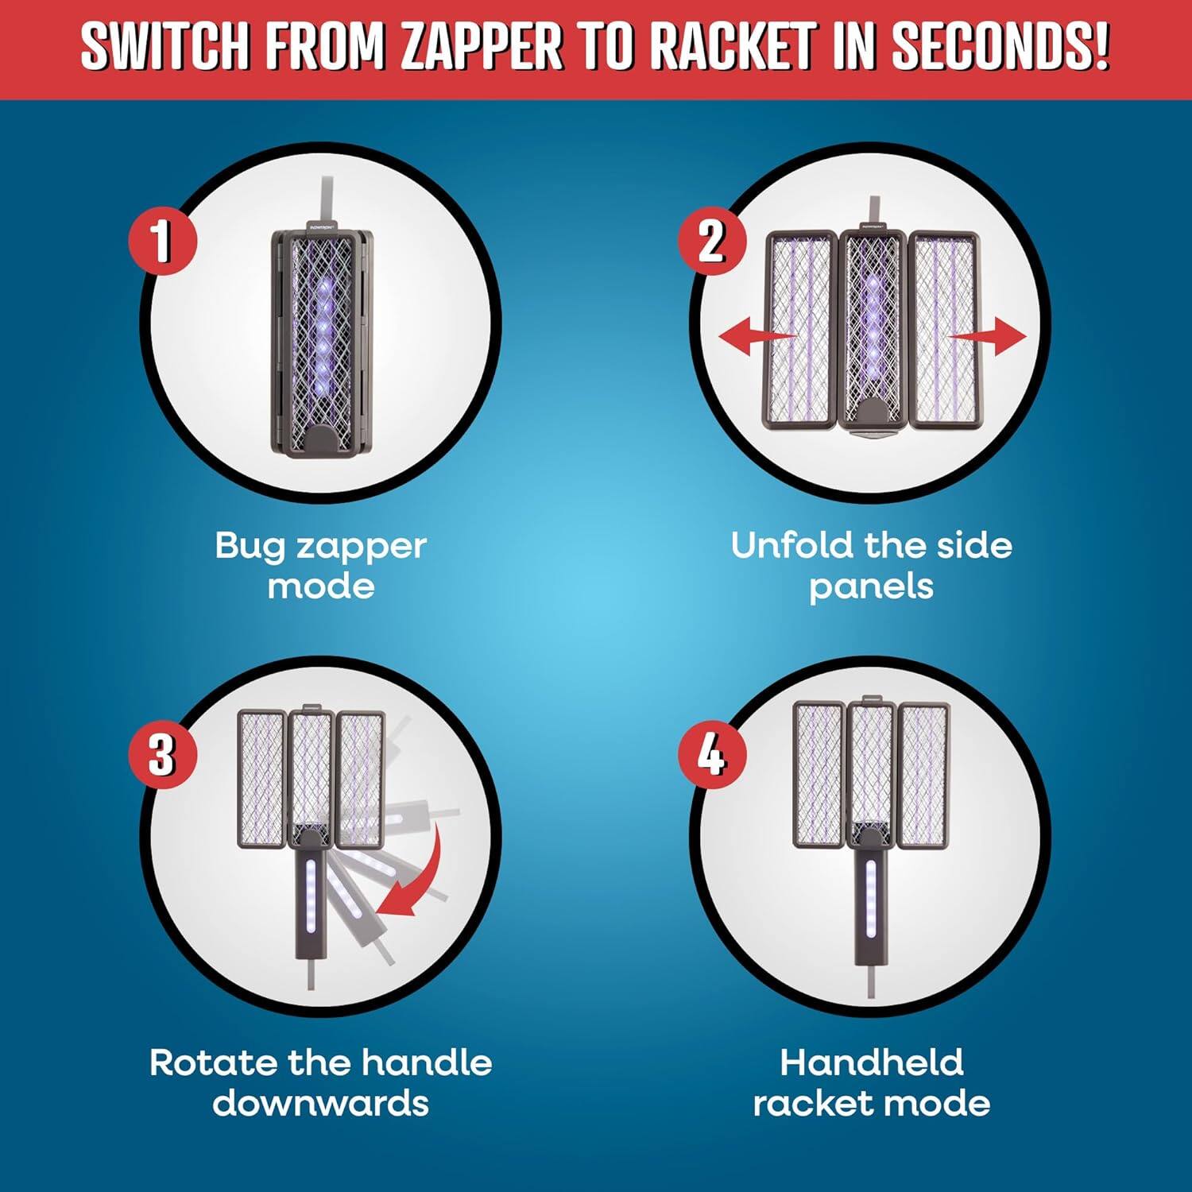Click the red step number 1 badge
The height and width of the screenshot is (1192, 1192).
(x=162, y=240)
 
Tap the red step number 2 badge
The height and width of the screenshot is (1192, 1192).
(x=711, y=240)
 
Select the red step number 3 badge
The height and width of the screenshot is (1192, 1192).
(x=162, y=754)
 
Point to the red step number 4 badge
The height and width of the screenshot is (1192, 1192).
(x=711, y=754)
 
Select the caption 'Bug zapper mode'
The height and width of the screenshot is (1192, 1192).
(x=321, y=566)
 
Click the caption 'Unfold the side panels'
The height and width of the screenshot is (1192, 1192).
(x=871, y=566)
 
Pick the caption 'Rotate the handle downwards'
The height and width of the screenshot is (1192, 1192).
(x=321, y=1082)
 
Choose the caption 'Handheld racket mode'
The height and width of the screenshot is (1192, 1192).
(x=871, y=1082)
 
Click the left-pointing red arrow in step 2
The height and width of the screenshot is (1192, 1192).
(x=755, y=337)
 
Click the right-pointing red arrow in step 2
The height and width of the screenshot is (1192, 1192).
(x=989, y=337)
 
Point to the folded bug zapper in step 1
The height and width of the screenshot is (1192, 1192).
(x=322, y=342)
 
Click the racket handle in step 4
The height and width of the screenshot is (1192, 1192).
(x=871, y=906)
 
